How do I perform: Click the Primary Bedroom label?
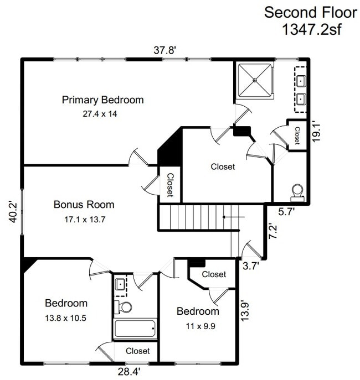[x=102, y=100]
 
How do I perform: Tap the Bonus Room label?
[x=84, y=205]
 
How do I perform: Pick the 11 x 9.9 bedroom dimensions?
[x=197, y=325]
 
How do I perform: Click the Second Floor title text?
[x=302, y=12]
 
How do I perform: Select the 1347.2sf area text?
[x=302, y=29]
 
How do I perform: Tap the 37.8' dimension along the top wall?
[x=164, y=50]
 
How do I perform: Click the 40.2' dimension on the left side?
[x=12, y=211]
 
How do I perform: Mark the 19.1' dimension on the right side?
[x=317, y=132]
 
